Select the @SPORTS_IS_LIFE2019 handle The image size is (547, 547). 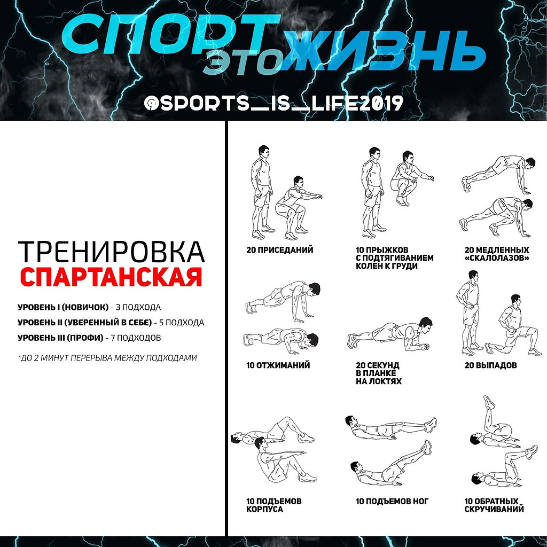point(274,103)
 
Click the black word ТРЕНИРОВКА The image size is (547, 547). point(111,252)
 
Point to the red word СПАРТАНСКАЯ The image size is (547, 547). point(111,277)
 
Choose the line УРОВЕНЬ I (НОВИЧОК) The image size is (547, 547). point(63,307)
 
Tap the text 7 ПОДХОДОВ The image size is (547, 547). point(136,338)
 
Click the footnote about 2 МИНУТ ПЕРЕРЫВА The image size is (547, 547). point(107,358)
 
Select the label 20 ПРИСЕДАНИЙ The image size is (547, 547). point(280,250)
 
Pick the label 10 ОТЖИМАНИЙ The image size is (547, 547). point(278,365)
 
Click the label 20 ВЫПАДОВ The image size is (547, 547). point(490,365)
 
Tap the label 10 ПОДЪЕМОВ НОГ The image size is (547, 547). point(392,501)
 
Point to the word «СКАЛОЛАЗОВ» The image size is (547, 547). point(497,258)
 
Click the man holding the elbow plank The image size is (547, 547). point(390,335)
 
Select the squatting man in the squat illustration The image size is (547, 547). point(299,207)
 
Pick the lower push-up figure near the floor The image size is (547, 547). point(281,338)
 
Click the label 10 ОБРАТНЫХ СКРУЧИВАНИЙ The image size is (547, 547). point(494,505)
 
